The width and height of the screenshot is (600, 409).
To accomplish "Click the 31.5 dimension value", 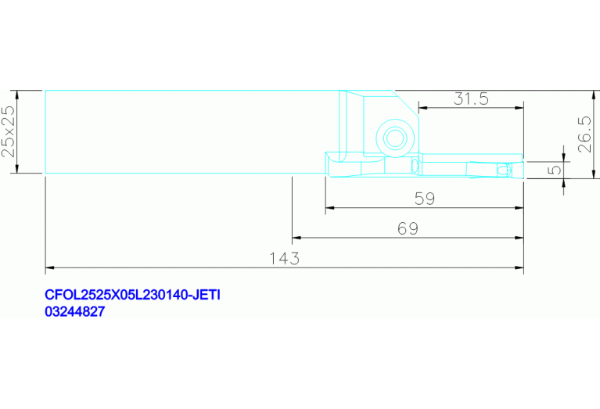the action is point(471,99).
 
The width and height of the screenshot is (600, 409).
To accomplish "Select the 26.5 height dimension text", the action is point(585,135).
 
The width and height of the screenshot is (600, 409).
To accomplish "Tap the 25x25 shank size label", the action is point(9,131).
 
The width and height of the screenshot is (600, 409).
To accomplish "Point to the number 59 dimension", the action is point(425,199).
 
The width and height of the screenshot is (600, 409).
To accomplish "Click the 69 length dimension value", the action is point(408,229).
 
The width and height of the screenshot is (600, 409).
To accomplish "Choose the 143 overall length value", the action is point(284,259).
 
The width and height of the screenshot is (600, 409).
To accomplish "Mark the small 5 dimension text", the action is point(554,169).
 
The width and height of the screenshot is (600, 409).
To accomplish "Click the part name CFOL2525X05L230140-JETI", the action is point(132,295).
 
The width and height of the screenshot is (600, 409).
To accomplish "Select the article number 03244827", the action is point(74,311).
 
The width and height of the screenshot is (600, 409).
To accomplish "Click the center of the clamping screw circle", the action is point(394,138).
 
